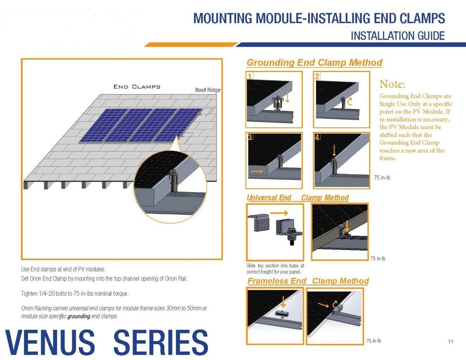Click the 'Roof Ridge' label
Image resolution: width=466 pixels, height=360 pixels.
pos(208,90)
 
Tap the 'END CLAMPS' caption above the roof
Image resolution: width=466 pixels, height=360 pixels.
pos(137,87)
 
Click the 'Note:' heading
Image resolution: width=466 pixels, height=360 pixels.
pos(392,84)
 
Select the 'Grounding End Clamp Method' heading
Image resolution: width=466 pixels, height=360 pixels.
pos(315,63)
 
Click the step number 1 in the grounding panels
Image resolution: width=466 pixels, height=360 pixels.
pos(250,76)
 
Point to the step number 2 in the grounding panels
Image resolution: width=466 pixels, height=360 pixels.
pos(317,76)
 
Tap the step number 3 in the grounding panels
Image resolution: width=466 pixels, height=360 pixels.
pos(250,137)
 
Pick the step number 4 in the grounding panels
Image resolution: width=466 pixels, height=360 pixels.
pos(317,137)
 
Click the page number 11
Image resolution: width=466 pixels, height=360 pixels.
pos(451,341)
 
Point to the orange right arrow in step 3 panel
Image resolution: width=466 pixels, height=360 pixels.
pos(257,171)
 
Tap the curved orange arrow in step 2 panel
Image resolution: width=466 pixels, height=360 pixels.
pos(350,101)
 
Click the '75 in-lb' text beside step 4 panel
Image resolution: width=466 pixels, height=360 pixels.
pos(382,177)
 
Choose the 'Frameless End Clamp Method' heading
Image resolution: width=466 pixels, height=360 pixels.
pos(308,281)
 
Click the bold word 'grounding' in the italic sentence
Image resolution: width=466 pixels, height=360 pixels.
pos(79,316)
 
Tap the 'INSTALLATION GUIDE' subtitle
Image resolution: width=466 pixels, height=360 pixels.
pos(397,36)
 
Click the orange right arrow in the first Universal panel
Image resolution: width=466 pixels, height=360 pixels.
pos(279,213)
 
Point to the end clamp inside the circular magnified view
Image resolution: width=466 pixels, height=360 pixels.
pos(173,181)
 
